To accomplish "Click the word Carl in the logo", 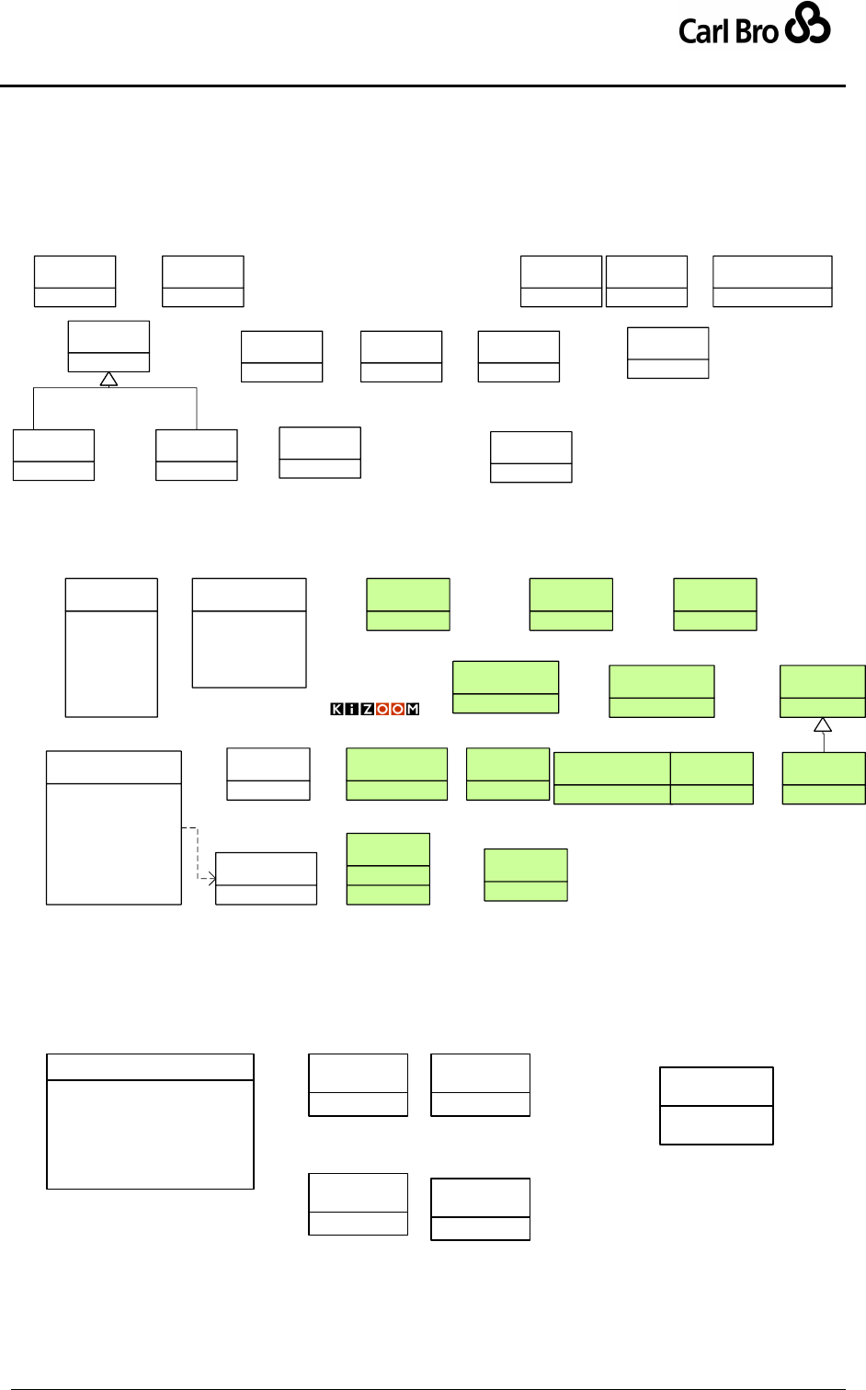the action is click(x=703, y=31).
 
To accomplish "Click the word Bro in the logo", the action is click(x=757, y=31).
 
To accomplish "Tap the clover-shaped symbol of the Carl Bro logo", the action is click(x=808, y=23).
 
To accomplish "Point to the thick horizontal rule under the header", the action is click(x=423, y=86).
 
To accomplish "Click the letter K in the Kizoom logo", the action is click(x=337, y=709).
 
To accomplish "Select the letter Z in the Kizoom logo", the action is click(x=367, y=709).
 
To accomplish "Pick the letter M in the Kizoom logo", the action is click(x=413, y=709).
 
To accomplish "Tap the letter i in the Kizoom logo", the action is click(x=352, y=709).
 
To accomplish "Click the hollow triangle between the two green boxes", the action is click(x=823, y=724).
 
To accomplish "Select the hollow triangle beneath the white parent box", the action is click(x=108, y=379).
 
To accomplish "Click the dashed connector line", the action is click(x=197, y=850).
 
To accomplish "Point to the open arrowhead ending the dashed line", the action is click(x=211, y=879).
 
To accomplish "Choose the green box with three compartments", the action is click(x=388, y=869).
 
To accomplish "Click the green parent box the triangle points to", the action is click(x=823, y=690).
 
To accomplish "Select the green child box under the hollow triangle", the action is click(x=824, y=778).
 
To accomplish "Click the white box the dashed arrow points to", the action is click(x=266, y=878).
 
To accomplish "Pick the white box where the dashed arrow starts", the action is click(x=114, y=827).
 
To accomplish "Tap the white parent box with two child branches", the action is click(x=108, y=346).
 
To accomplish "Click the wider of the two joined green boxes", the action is click(x=611, y=778).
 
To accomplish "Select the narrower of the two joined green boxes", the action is click(x=712, y=778).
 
